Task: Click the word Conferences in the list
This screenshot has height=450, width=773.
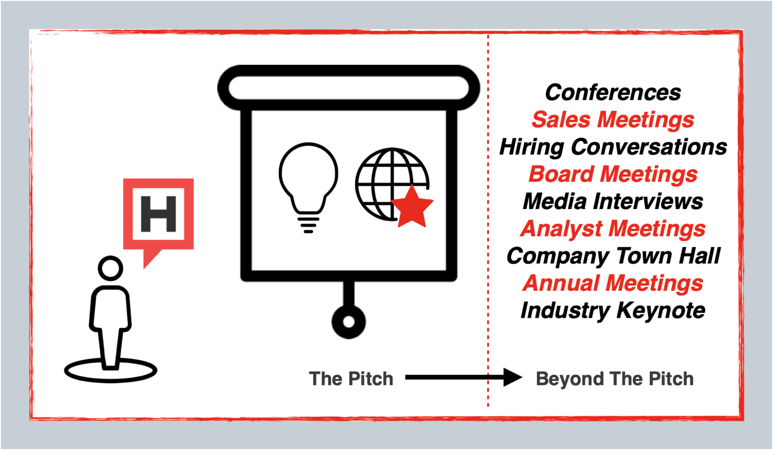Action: pyautogui.click(x=613, y=92)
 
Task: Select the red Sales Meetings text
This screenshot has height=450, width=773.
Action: pyautogui.click(x=613, y=120)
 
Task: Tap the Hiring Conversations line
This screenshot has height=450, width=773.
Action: pyautogui.click(x=613, y=147)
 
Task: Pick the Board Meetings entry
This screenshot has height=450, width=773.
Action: pyautogui.click(x=613, y=174)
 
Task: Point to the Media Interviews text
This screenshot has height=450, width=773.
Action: pyautogui.click(x=613, y=201)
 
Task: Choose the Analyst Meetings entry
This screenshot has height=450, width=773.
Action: pyautogui.click(x=613, y=229)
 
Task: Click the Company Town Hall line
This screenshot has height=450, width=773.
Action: pyautogui.click(x=613, y=256)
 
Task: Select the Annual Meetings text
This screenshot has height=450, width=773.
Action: pyautogui.click(x=613, y=283)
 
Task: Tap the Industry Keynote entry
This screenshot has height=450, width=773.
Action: pyautogui.click(x=613, y=310)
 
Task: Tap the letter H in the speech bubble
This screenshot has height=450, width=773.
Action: pyautogui.click(x=158, y=214)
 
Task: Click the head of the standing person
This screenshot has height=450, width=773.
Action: pyautogui.click(x=111, y=268)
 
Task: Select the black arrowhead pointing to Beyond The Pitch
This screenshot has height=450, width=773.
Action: pyautogui.click(x=513, y=378)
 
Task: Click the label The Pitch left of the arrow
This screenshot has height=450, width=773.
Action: pyautogui.click(x=351, y=379)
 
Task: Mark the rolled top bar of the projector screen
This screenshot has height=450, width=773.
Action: pyautogui.click(x=348, y=87)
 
